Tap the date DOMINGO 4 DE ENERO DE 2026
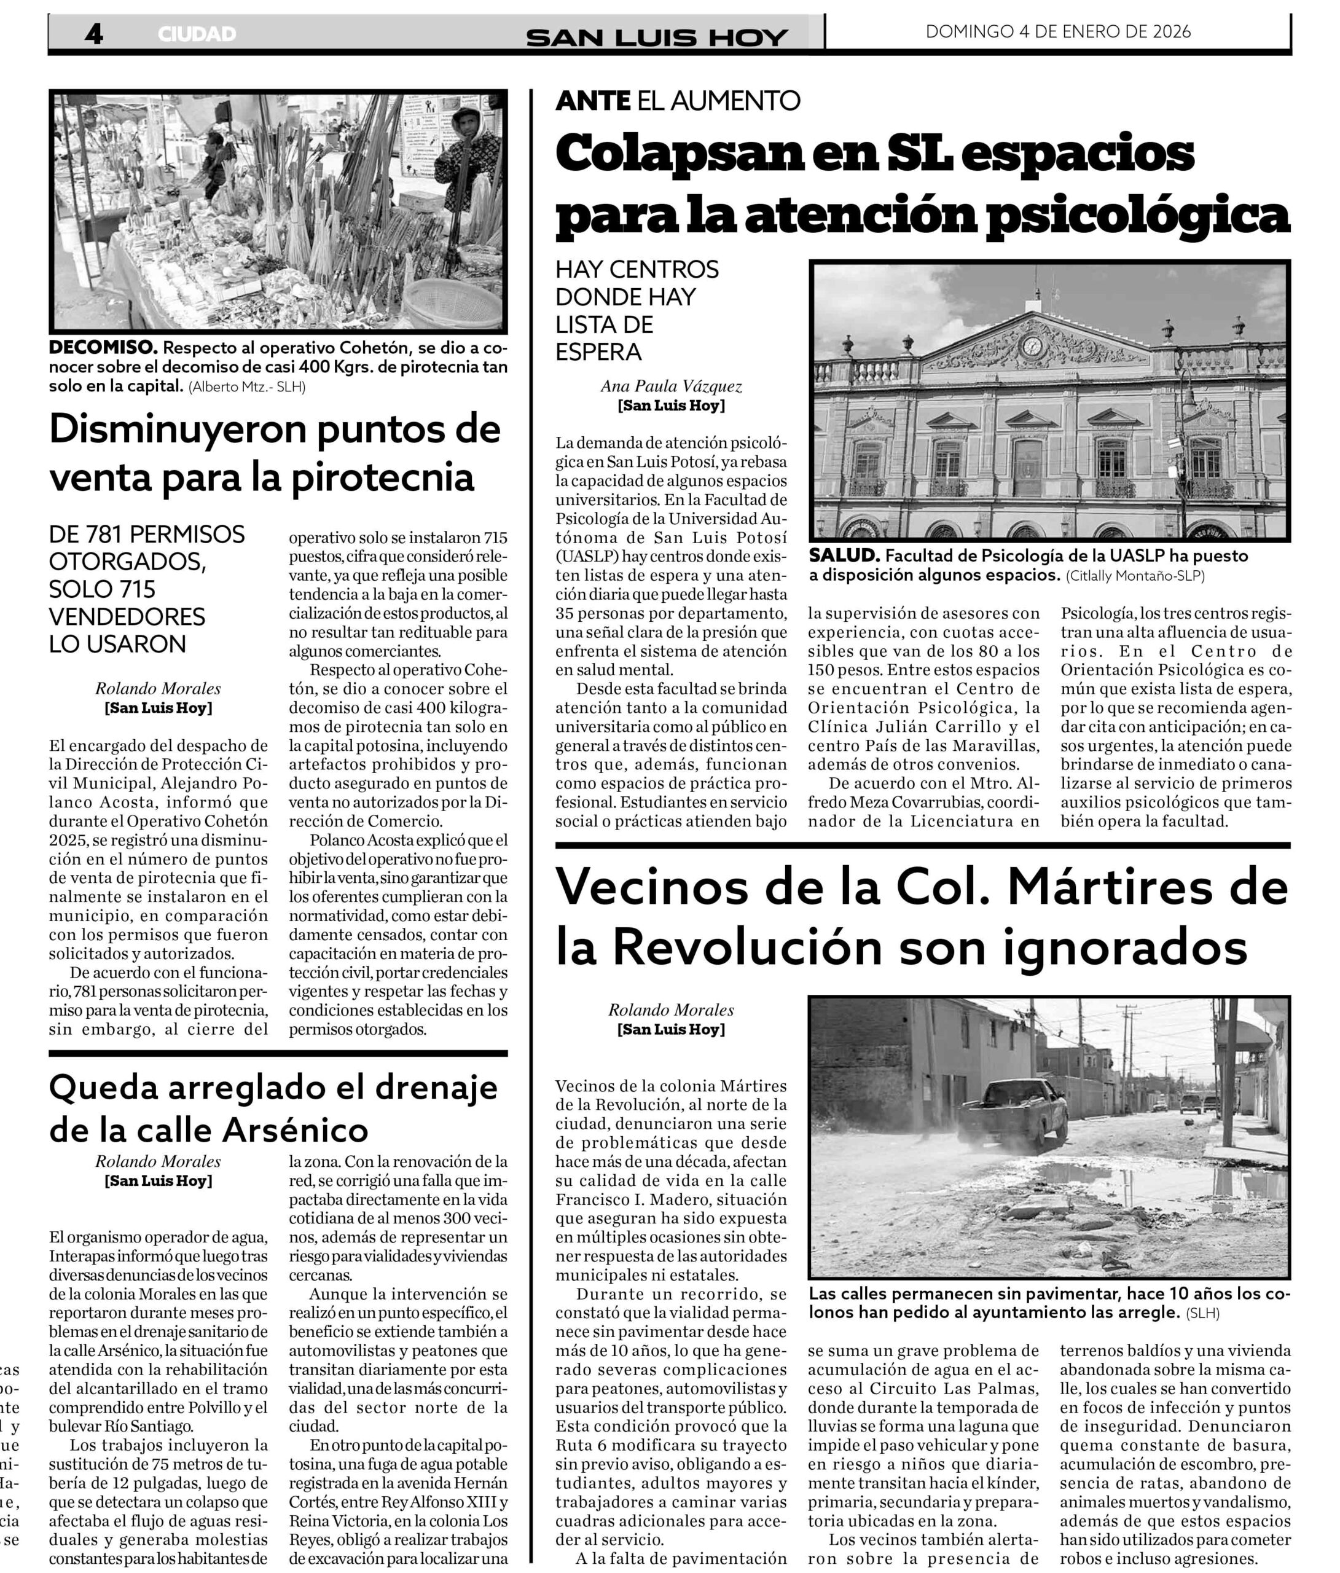(x=1057, y=32)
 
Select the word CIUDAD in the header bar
(x=197, y=35)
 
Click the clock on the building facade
(x=1031, y=345)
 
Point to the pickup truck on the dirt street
(x=1012, y=1115)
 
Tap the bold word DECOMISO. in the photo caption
(x=103, y=348)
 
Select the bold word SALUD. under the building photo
(x=844, y=555)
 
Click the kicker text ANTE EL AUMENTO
(x=677, y=100)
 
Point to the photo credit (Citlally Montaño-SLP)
(x=1134, y=576)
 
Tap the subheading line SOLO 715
(x=103, y=589)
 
